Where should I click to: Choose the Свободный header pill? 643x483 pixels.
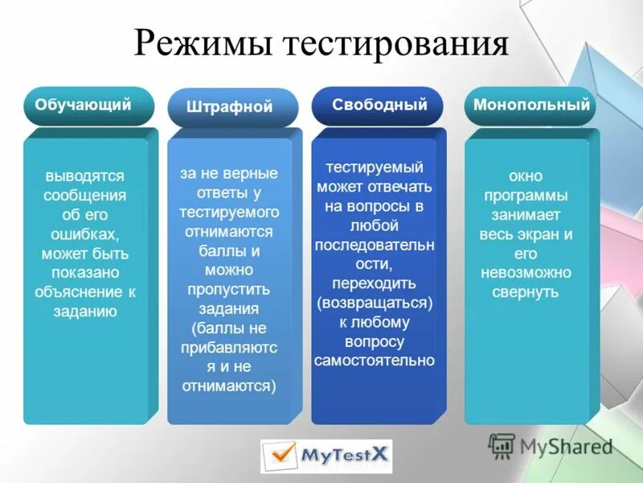(379, 105)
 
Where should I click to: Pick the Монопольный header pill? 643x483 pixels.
(531, 105)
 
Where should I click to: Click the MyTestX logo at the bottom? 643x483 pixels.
(326, 456)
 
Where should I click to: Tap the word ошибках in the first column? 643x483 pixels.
(84, 234)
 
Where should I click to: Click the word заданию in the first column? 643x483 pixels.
(84, 312)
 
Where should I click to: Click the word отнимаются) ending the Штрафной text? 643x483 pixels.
(229, 386)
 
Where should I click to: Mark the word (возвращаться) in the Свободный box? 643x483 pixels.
(375, 303)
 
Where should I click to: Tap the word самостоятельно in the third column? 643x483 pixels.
(375, 361)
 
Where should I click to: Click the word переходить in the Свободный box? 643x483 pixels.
(375, 283)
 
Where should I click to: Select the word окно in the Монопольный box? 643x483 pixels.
(526, 175)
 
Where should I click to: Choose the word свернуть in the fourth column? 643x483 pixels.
(526, 291)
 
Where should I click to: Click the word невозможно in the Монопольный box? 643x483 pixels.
(526, 272)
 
